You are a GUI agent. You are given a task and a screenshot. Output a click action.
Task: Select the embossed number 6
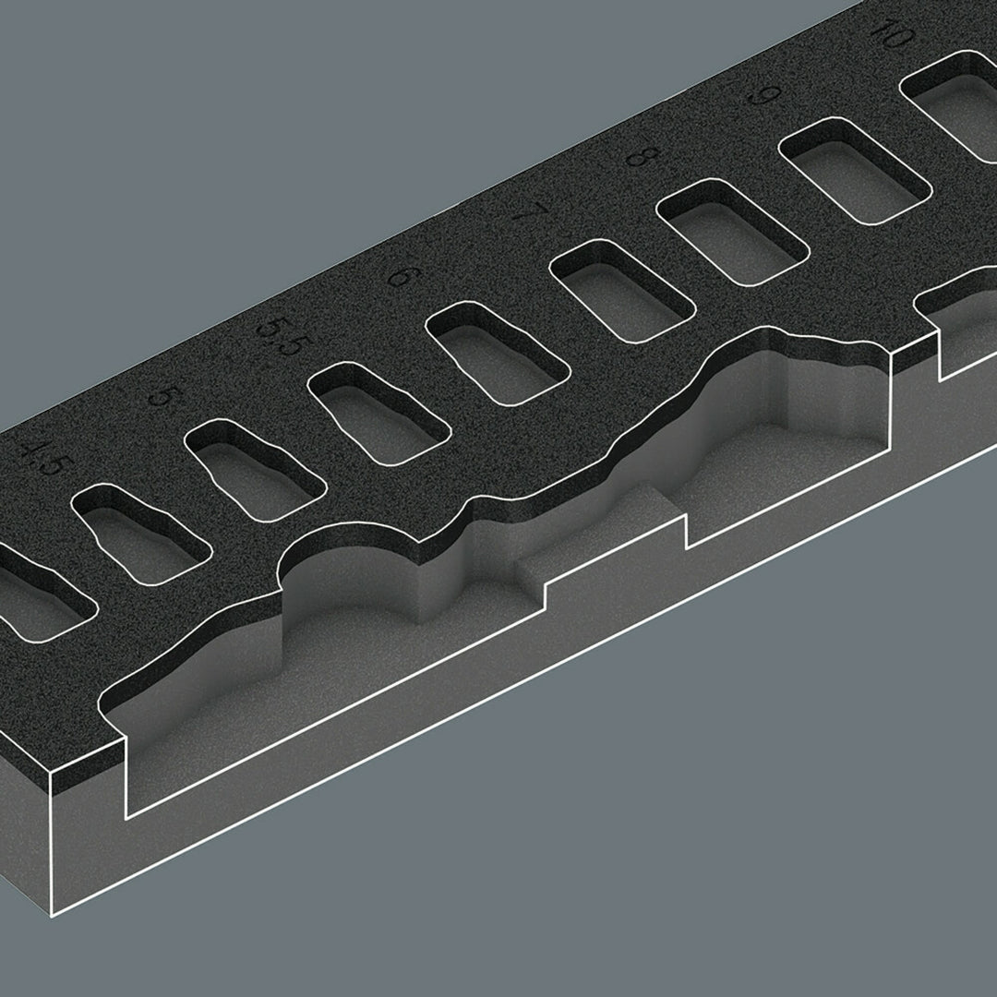[399, 275]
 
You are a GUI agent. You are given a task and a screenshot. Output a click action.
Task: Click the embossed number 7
[523, 210]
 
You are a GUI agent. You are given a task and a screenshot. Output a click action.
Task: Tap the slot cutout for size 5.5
[378, 414]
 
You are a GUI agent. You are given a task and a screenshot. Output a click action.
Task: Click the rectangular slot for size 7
[619, 290]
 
